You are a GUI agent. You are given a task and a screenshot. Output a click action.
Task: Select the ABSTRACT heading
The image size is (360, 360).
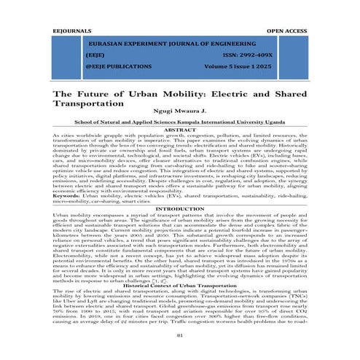click(x=180, y=130)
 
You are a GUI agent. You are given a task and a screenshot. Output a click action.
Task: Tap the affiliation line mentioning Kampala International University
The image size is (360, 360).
click(x=179, y=124)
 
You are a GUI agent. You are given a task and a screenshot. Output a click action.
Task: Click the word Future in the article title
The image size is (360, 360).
click(x=94, y=94)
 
